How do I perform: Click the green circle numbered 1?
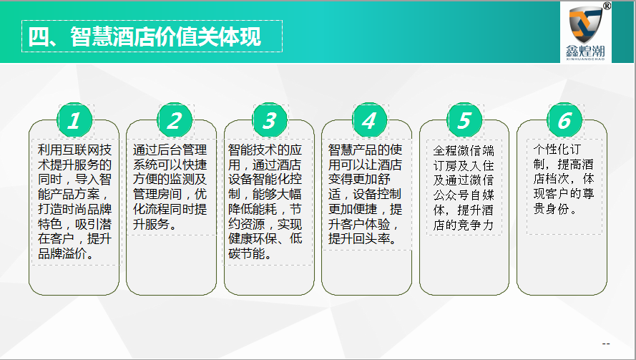74,120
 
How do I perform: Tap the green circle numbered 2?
175,120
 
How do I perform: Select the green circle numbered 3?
270,120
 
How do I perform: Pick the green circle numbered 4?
370,120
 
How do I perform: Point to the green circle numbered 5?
465,120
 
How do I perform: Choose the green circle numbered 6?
564,120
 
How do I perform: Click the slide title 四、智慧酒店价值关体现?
145,37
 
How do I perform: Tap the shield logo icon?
585,24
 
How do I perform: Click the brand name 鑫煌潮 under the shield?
585,51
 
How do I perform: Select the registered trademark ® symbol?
607,6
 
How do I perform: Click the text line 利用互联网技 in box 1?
74,150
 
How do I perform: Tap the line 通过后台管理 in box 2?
170,150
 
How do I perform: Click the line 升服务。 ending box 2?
155,224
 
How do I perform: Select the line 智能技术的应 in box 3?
265,150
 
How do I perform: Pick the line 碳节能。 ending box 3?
250,253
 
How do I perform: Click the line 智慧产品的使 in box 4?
365,150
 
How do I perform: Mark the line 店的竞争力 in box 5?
463,225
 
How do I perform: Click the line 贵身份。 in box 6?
555,209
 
